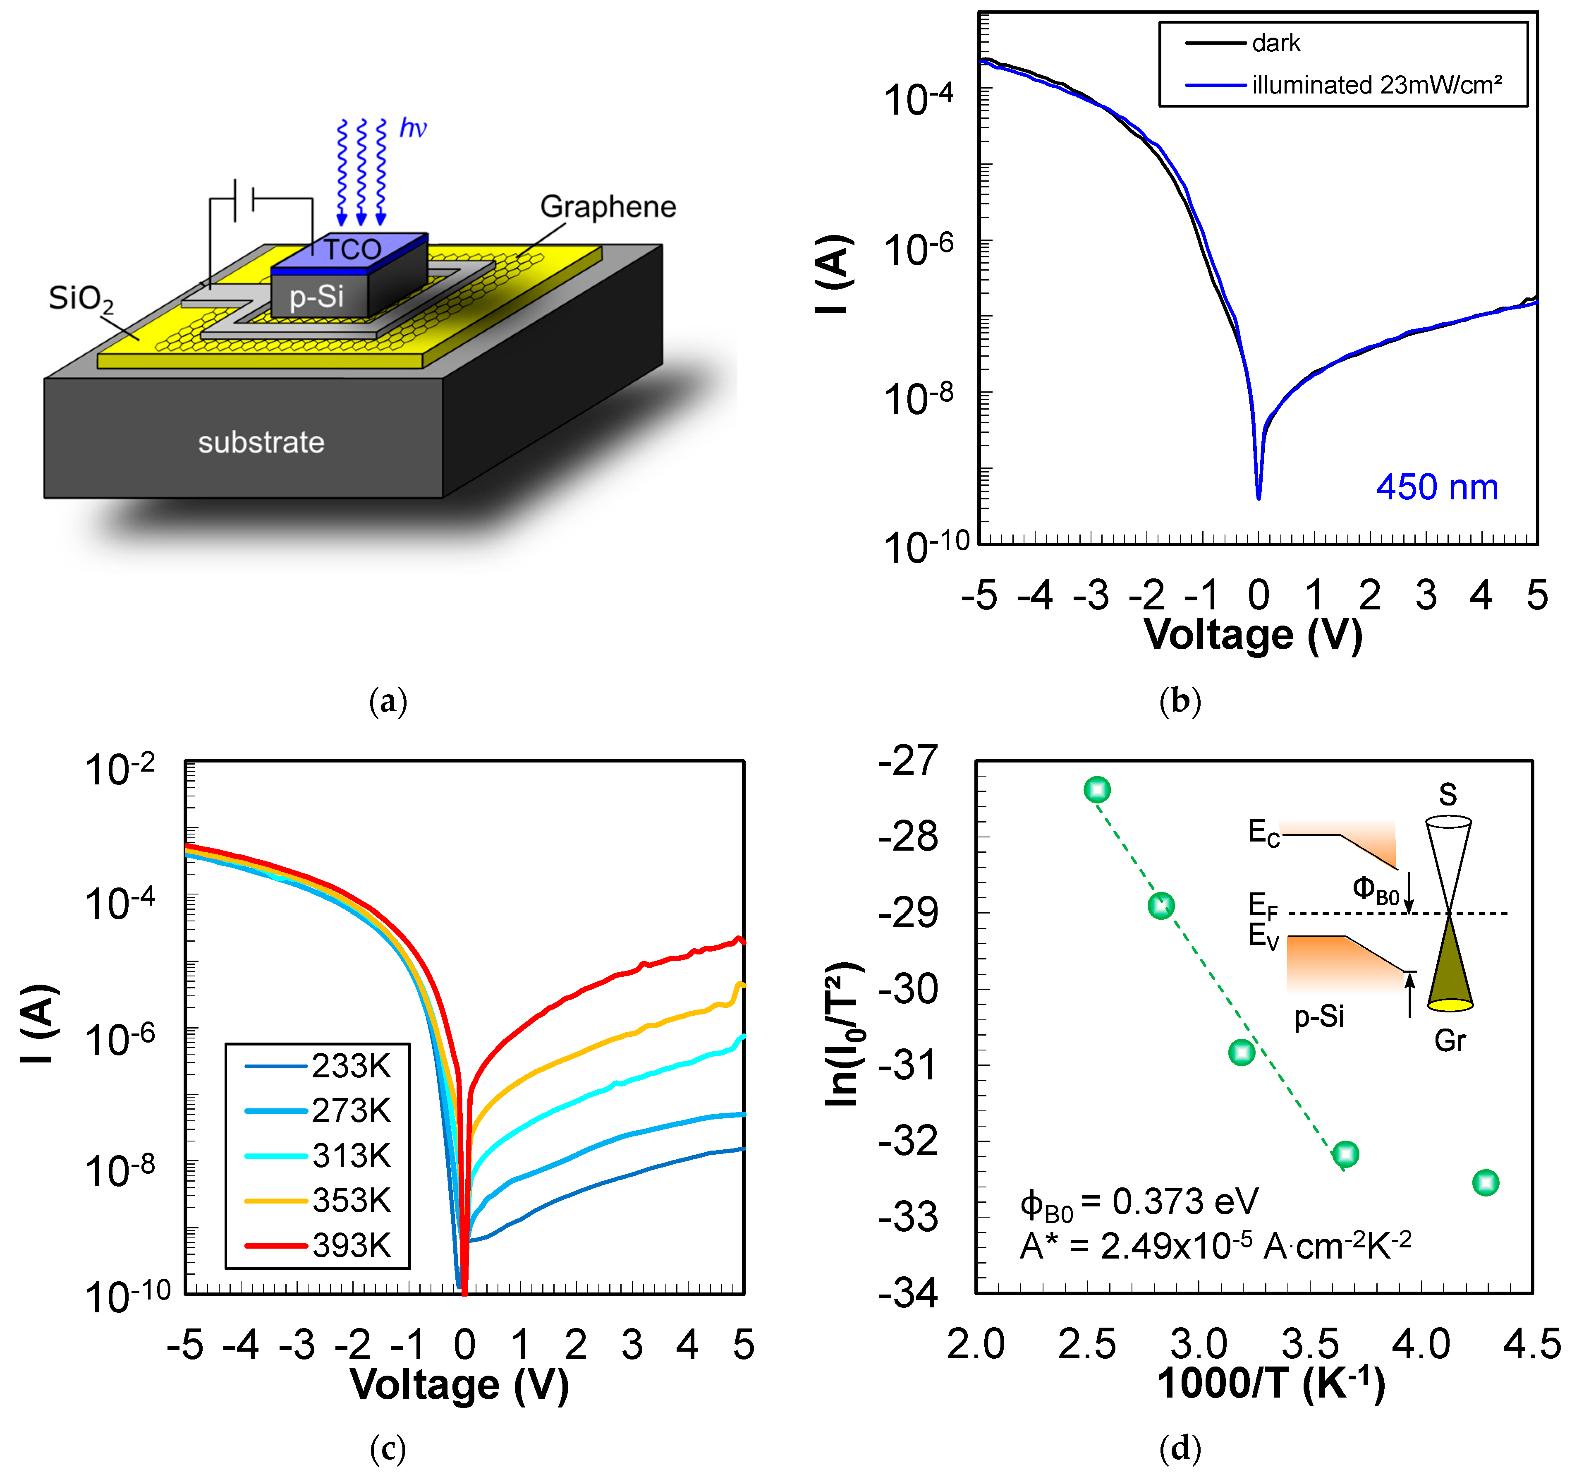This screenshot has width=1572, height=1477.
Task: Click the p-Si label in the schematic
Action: coord(316,297)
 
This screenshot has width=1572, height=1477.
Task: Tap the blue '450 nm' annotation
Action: coord(1437,487)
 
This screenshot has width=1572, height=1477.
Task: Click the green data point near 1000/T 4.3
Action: coord(1485,1183)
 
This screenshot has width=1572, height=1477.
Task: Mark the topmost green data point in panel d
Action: coord(1097,789)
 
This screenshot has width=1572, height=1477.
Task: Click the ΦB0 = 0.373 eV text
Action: coord(1139,1202)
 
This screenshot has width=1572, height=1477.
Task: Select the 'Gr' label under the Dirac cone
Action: coord(1450,1040)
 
